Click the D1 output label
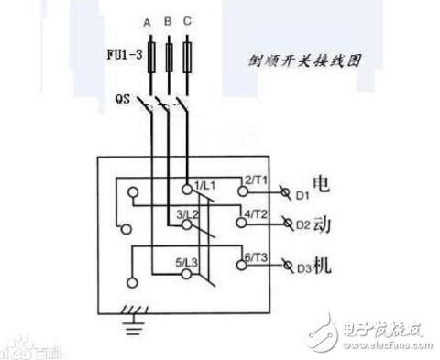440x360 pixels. coord(303,195)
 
